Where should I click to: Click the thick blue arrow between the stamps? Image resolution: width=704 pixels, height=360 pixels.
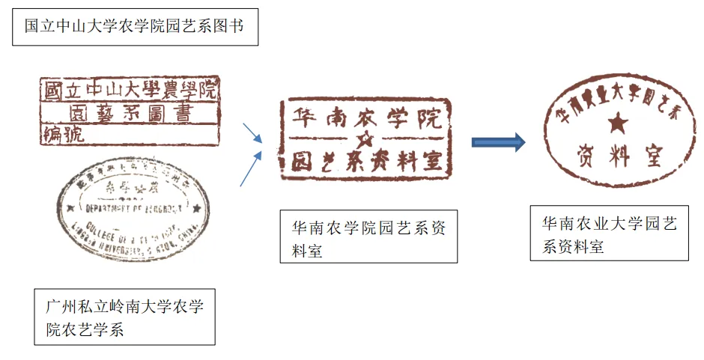pos(498,141)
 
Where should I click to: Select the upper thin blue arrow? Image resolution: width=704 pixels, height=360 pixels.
pos(252,133)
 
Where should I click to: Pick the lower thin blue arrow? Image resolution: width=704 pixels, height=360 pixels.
pos(251,168)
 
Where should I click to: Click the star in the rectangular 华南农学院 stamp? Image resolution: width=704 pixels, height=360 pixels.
pos(365,140)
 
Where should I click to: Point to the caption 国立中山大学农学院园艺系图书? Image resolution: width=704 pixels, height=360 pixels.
pos(136,27)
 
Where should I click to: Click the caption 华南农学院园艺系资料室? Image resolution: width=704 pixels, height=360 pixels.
pos(368,237)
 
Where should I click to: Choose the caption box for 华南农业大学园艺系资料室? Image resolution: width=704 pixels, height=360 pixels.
pos(609,234)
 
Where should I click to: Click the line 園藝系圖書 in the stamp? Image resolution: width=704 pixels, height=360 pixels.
pos(130,114)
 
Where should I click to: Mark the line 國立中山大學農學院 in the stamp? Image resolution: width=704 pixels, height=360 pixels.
pos(130,92)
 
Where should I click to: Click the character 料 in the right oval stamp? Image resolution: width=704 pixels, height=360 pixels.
pos(620,156)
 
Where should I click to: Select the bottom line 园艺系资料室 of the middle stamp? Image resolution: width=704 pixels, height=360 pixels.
pos(365,162)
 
